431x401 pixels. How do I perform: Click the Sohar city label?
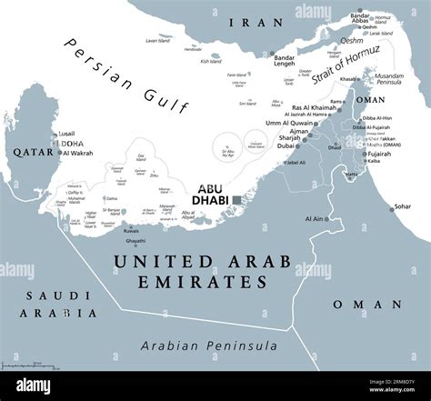pyautogui.click(x=402, y=206)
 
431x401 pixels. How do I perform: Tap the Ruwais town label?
pyautogui.click(x=133, y=231)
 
